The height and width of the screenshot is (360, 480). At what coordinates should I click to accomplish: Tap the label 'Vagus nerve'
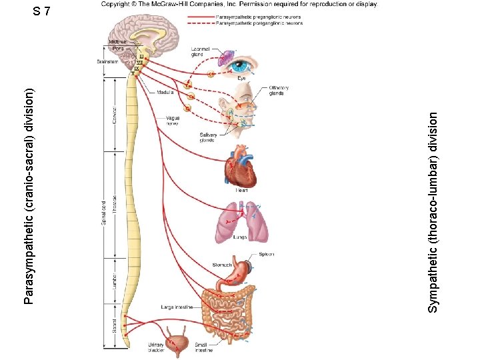coord(172,120)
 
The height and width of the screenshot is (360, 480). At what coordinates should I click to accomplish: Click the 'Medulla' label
coord(167,93)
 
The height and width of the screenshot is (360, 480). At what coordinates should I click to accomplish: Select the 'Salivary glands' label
coord(208,137)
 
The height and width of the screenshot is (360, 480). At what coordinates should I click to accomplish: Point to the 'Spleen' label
coord(266,254)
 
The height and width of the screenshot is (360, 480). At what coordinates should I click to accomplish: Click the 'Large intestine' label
coord(177,307)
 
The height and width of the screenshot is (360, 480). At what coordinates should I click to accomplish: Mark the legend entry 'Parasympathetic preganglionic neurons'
coord(259,17)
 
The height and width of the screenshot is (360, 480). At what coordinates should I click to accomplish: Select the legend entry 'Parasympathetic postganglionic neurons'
coord(260,23)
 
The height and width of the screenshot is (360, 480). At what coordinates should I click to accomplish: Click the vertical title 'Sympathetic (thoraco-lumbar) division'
coord(433,211)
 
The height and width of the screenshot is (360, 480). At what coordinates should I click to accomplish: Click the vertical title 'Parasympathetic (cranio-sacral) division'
coord(29,197)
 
